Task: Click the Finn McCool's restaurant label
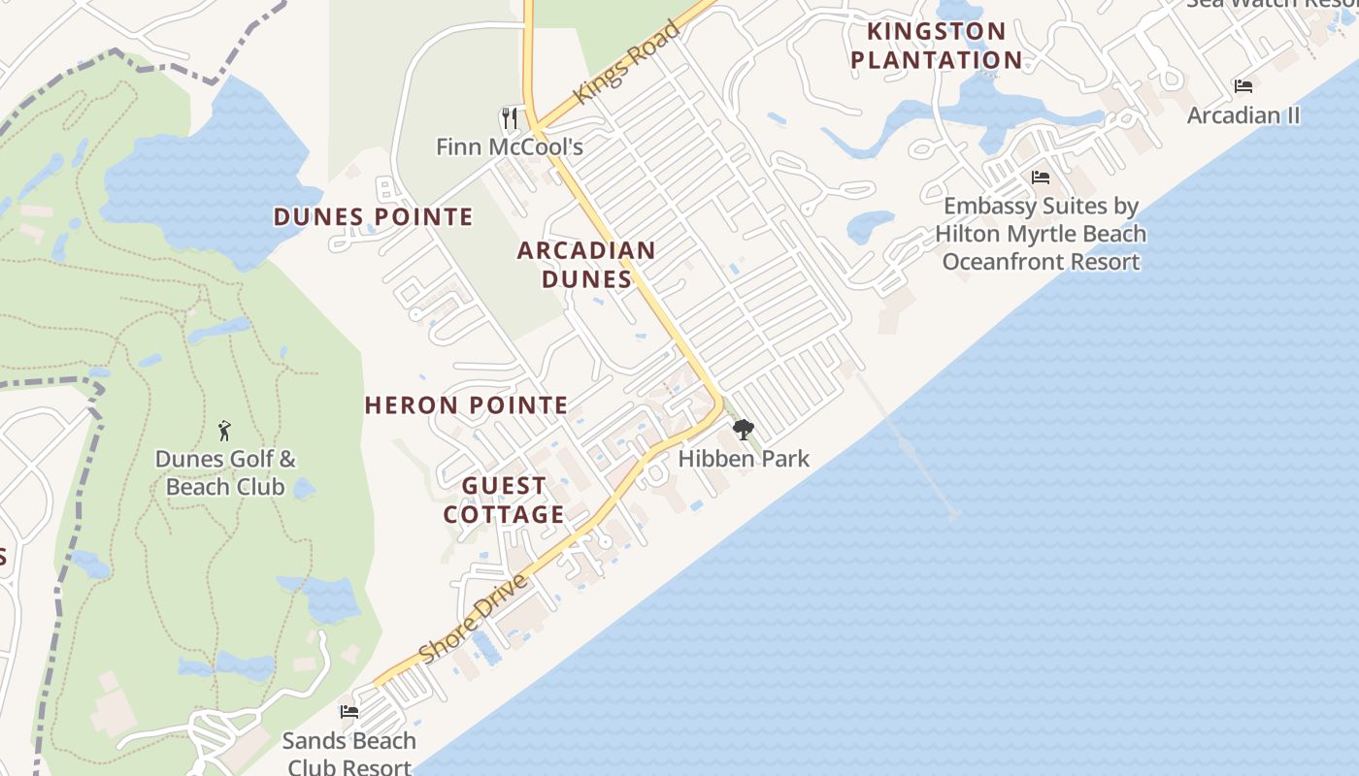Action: (509, 147)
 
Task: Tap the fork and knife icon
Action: (510, 118)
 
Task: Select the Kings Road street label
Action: (625, 62)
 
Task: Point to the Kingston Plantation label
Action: (936, 46)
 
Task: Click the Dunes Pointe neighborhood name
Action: (373, 216)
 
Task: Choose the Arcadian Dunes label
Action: (586, 265)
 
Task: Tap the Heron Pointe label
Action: (466, 405)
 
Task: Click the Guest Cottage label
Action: (504, 500)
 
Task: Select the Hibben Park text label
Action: (744, 459)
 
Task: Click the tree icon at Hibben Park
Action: (743, 430)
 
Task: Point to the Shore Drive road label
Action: (475, 618)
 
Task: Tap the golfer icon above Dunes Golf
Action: (225, 430)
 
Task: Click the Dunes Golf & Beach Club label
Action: (225, 473)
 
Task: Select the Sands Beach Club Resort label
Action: (348, 754)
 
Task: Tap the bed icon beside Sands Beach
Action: (348, 712)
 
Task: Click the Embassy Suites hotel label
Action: (1041, 234)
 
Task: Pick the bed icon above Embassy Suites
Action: (1041, 178)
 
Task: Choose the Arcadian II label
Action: (1243, 115)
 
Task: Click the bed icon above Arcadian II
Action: (1243, 86)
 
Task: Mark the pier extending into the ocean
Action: (908, 446)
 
